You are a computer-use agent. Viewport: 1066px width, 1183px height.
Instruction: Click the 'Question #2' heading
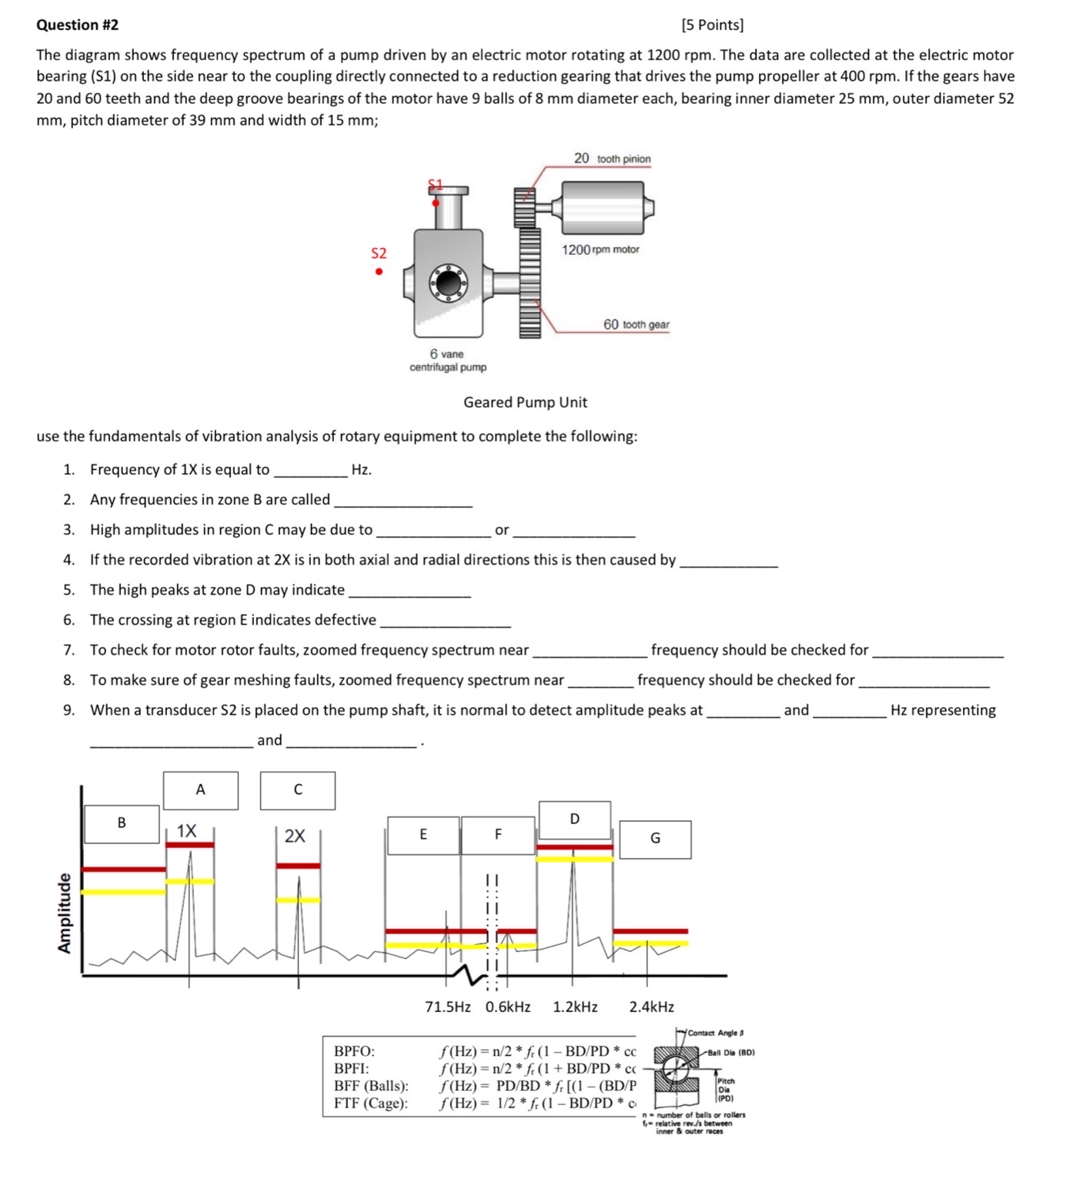pyautogui.click(x=78, y=25)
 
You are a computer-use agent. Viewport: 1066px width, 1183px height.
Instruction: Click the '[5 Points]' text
pyautogui.click(x=713, y=25)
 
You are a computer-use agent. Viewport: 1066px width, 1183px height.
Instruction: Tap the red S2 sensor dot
pyautogui.click(x=379, y=271)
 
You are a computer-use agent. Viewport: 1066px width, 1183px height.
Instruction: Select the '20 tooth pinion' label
pyautogui.click(x=612, y=159)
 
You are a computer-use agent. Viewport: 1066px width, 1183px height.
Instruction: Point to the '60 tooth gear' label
pyautogui.click(x=636, y=324)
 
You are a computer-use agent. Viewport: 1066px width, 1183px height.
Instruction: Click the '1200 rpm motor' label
pyautogui.click(x=600, y=250)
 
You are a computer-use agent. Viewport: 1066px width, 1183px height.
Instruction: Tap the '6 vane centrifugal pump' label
pyautogui.click(x=448, y=360)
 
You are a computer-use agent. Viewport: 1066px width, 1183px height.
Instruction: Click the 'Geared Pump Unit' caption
pyautogui.click(x=525, y=402)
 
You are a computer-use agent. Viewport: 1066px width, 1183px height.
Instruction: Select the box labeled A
pyautogui.click(x=201, y=790)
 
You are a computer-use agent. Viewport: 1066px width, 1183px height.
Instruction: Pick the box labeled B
pyautogui.click(x=122, y=823)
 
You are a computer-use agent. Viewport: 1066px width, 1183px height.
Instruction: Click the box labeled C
pyautogui.click(x=298, y=790)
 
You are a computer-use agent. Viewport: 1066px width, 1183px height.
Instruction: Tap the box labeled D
pyautogui.click(x=575, y=819)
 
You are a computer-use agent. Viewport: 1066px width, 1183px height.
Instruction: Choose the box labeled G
pyautogui.click(x=655, y=839)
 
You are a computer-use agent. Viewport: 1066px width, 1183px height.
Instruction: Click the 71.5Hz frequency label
pyautogui.click(x=448, y=1007)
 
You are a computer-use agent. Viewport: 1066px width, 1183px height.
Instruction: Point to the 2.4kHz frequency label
pyautogui.click(x=651, y=1007)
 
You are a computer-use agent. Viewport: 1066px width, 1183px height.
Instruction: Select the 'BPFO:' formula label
pyautogui.click(x=354, y=1051)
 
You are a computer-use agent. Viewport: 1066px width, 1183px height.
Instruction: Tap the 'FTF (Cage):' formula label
pyautogui.click(x=371, y=1103)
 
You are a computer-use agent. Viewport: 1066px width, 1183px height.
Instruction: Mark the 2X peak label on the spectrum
pyautogui.click(x=295, y=836)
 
